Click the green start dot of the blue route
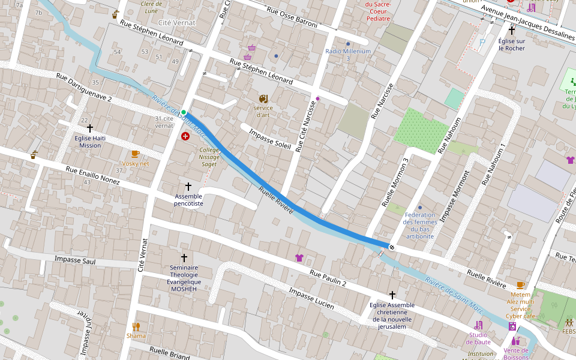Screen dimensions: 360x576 (184, 112)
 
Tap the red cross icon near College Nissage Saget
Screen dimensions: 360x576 (185, 137)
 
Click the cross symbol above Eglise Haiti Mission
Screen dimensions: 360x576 (90, 128)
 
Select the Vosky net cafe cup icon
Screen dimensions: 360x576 (135, 154)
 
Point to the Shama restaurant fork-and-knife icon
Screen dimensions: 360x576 (136, 327)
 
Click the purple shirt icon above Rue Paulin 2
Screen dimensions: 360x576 (299, 258)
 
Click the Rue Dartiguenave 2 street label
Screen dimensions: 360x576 (84, 88)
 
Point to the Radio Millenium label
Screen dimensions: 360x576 (348, 51)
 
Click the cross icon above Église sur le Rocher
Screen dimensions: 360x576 (512, 30)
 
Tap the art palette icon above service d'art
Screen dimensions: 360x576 (263, 98)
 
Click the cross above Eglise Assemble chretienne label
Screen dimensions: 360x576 (392, 295)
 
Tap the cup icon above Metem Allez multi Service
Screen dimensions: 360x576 (520, 285)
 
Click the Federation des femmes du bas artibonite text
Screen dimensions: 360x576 (419, 226)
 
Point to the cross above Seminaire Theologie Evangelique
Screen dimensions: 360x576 (184, 257)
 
